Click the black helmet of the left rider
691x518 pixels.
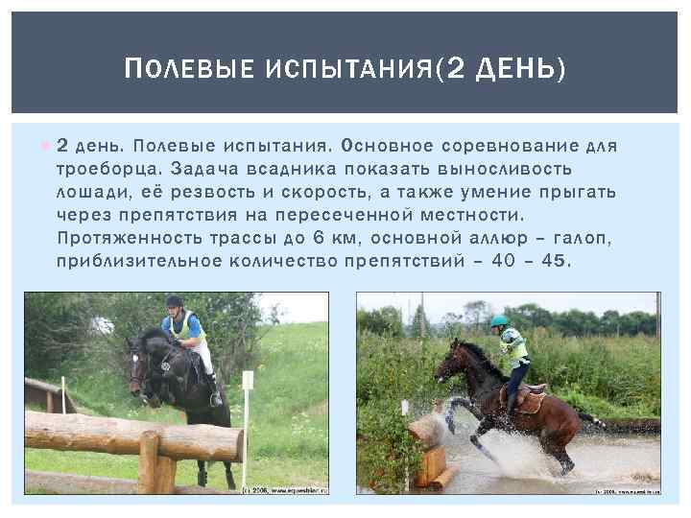(174, 301)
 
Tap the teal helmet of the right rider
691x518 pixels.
(499, 321)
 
